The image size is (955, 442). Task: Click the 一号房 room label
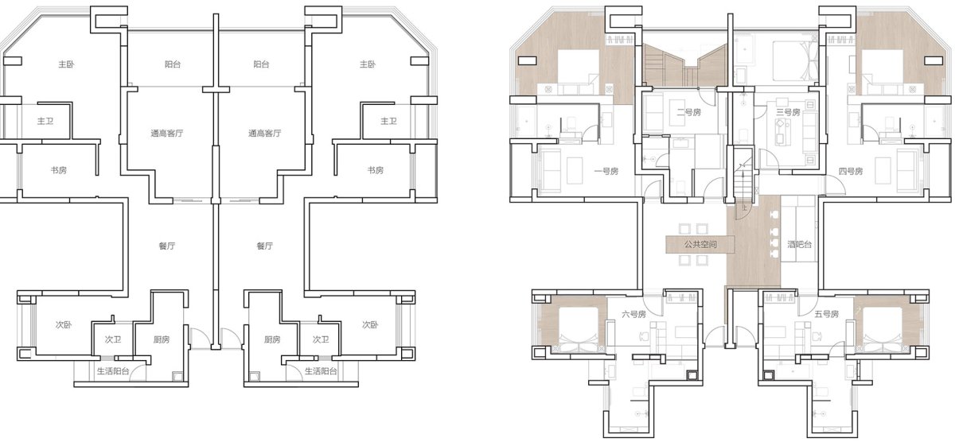[x=606, y=171]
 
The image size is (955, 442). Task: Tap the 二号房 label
[x=688, y=112]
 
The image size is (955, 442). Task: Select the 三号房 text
[x=788, y=112]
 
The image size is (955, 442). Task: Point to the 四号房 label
[x=851, y=171]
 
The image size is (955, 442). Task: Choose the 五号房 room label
[x=826, y=314]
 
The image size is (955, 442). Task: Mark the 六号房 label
[x=633, y=314]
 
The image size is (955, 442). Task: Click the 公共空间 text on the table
[x=700, y=244]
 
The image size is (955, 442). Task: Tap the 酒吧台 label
[x=799, y=244]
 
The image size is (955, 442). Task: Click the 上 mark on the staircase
[x=744, y=207]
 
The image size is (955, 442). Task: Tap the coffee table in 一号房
[x=575, y=171]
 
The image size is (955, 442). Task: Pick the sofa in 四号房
[x=906, y=171]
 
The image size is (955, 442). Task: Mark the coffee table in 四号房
[x=883, y=171]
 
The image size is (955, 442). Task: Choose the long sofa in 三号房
[x=809, y=133]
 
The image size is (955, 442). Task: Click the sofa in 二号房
[x=653, y=112]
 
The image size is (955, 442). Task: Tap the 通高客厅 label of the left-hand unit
[x=166, y=134]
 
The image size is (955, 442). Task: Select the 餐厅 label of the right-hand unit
[x=264, y=246]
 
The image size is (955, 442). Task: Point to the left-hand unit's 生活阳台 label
[x=113, y=371]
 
